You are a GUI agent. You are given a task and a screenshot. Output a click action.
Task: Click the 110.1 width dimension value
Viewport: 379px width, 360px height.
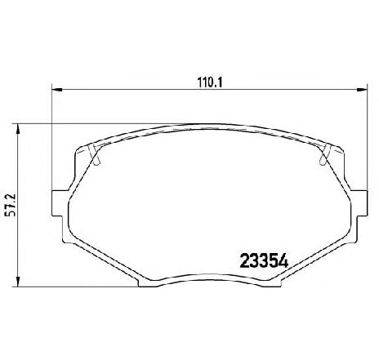[x=210, y=82]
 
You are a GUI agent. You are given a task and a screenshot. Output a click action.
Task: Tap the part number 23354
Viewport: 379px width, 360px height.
[x=264, y=260]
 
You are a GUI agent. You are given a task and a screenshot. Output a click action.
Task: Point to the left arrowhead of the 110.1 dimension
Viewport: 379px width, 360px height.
[x=57, y=90]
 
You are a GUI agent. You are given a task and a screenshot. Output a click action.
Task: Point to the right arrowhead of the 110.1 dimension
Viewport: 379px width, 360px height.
[x=362, y=90]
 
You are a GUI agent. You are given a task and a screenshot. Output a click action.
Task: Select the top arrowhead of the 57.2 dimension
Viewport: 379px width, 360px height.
[x=18, y=129]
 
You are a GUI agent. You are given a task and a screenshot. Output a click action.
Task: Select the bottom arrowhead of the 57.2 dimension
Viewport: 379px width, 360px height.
[x=18, y=281]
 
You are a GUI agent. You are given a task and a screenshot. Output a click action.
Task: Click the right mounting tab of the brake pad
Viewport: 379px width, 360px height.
[x=359, y=203]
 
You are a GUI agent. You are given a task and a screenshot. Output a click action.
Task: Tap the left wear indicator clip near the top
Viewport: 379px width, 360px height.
[x=95, y=154]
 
